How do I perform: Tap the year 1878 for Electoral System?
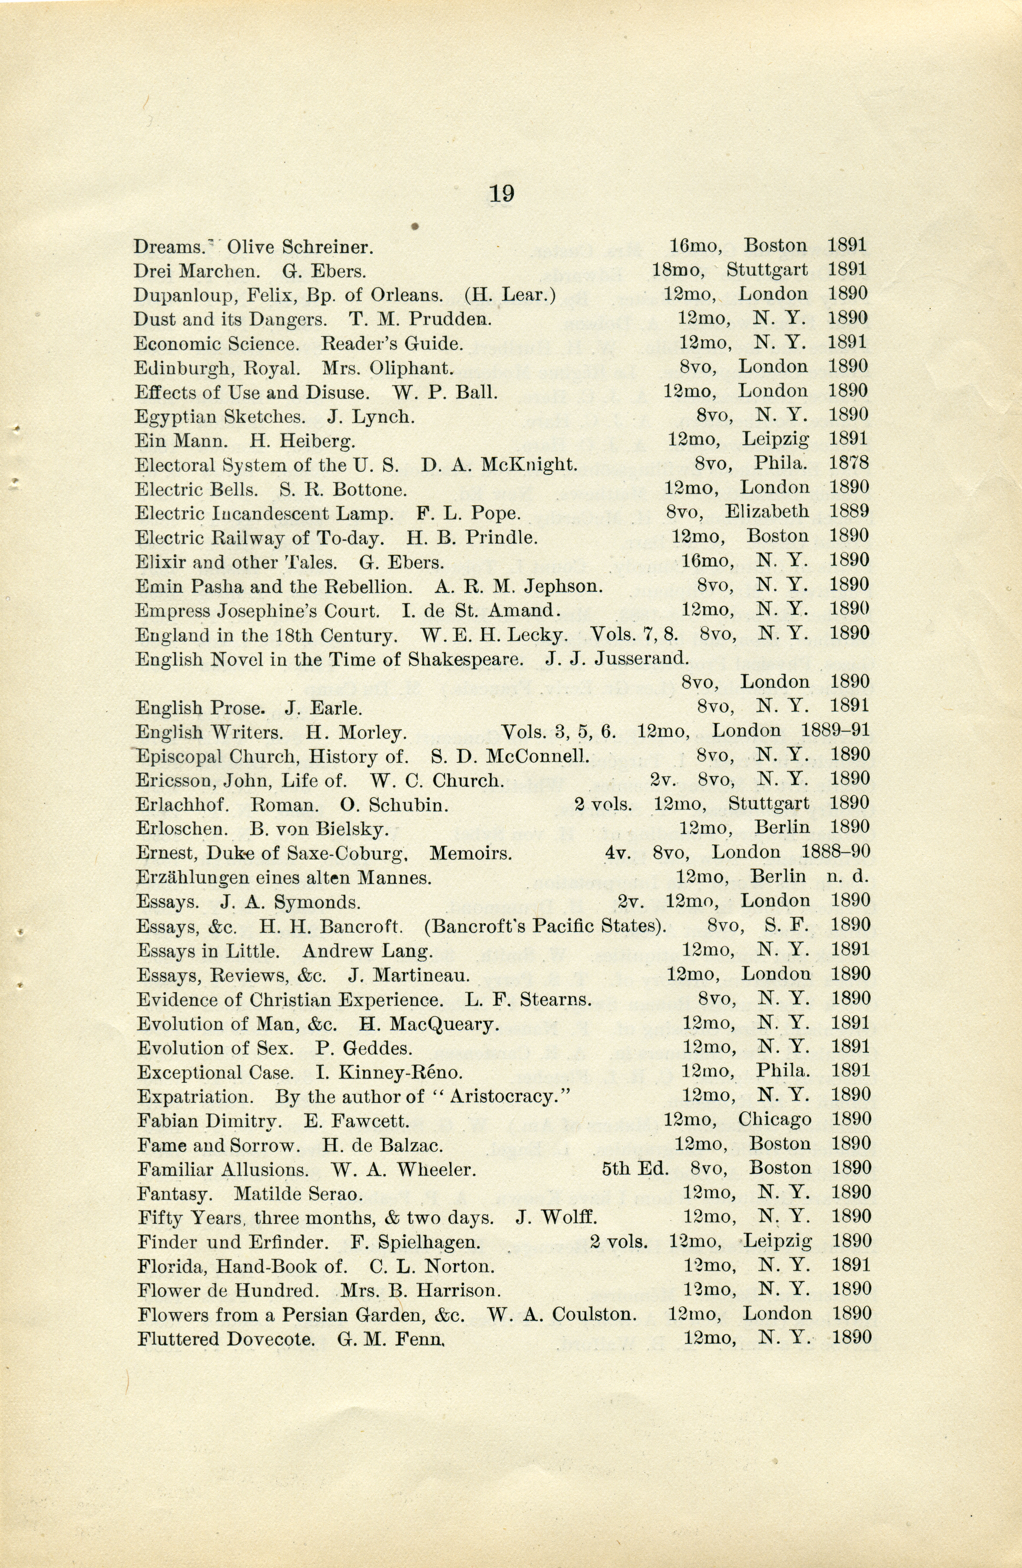coord(849,463)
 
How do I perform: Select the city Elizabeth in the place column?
coord(767,512)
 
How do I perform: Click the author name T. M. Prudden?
coord(420,320)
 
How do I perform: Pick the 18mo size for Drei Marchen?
coord(677,270)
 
